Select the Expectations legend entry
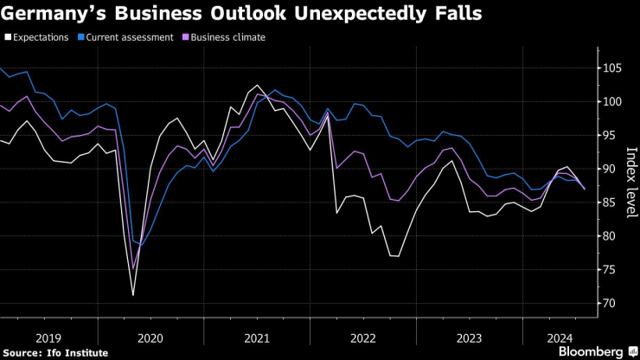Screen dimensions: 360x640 click(41, 38)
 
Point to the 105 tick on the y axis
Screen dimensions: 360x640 click(611, 68)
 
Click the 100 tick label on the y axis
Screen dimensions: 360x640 click(611, 102)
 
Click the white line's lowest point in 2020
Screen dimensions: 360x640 click(133, 295)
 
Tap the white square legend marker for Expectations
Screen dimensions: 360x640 click(7, 38)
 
